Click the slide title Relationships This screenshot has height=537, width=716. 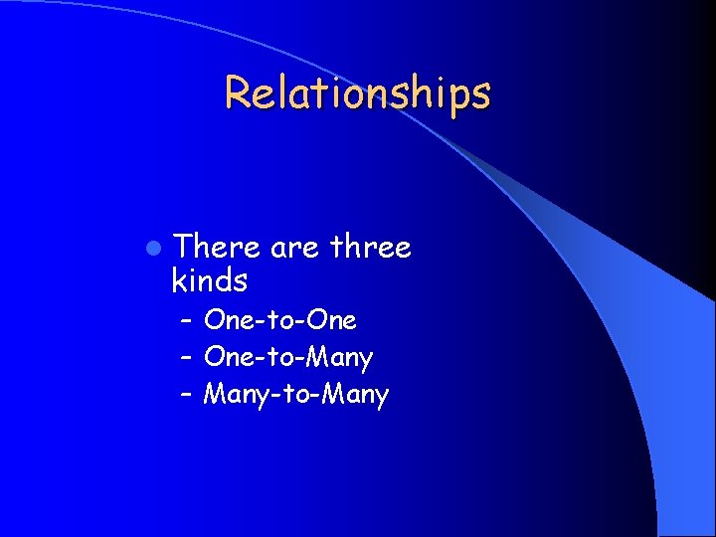coord(357,93)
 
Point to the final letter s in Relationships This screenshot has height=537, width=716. coord(481,93)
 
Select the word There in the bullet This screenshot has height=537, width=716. coord(217,247)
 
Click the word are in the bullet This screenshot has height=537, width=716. coord(294,247)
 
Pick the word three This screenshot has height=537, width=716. coord(371,247)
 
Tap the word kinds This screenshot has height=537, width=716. coord(210,281)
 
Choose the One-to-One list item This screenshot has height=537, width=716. coord(279,320)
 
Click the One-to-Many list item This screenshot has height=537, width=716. coord(287,357)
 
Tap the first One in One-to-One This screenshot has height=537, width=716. coord(224,320)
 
